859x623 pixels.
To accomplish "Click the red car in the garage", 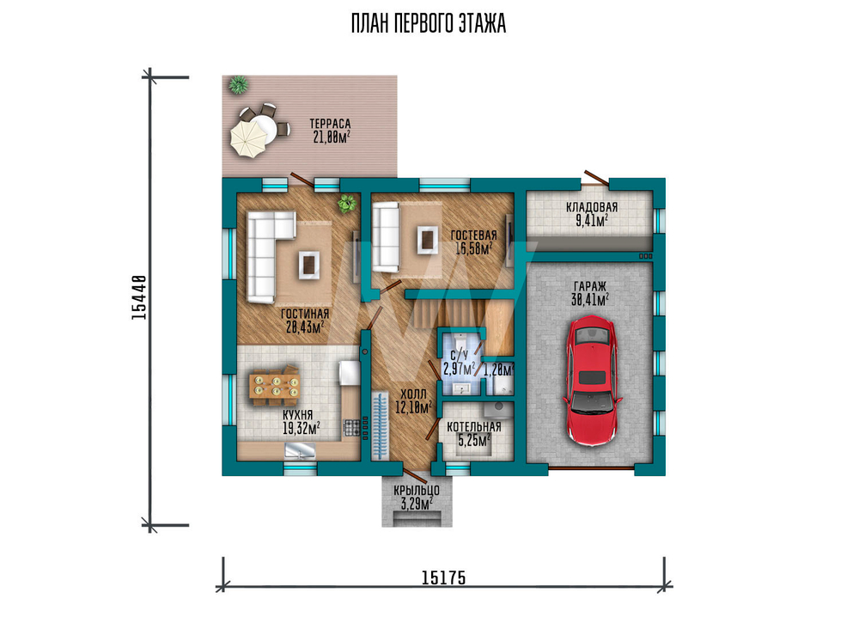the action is coord(592,380).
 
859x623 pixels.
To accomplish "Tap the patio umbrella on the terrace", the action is coord(247,139).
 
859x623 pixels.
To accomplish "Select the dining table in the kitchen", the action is coord(275,385).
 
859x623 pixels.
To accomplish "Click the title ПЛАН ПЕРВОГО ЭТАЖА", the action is coord(429,23).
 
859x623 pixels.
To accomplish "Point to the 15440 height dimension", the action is coord(140,297).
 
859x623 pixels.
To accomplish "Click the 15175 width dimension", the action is coord(444,577).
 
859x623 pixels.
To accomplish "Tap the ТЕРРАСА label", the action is coord(330,124).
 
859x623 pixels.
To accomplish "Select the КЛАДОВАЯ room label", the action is coord(592,207).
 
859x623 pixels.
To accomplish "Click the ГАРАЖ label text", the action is coord(590,286).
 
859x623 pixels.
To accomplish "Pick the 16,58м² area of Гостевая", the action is coord(474,248).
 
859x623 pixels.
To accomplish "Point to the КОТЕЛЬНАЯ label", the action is coord(474,427).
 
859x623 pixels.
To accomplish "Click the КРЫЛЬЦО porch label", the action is coord(417,491).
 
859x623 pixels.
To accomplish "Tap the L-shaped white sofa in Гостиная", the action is coord(267,256).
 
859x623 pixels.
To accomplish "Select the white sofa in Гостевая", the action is coord(386,236).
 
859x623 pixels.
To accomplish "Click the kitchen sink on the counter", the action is coord(300,450).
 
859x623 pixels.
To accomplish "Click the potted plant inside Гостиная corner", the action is coord(346,204).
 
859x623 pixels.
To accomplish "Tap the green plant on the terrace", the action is coord(238,84).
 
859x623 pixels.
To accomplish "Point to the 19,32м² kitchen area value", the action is coord(302,428).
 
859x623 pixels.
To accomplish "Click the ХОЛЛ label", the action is coord(413,394).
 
